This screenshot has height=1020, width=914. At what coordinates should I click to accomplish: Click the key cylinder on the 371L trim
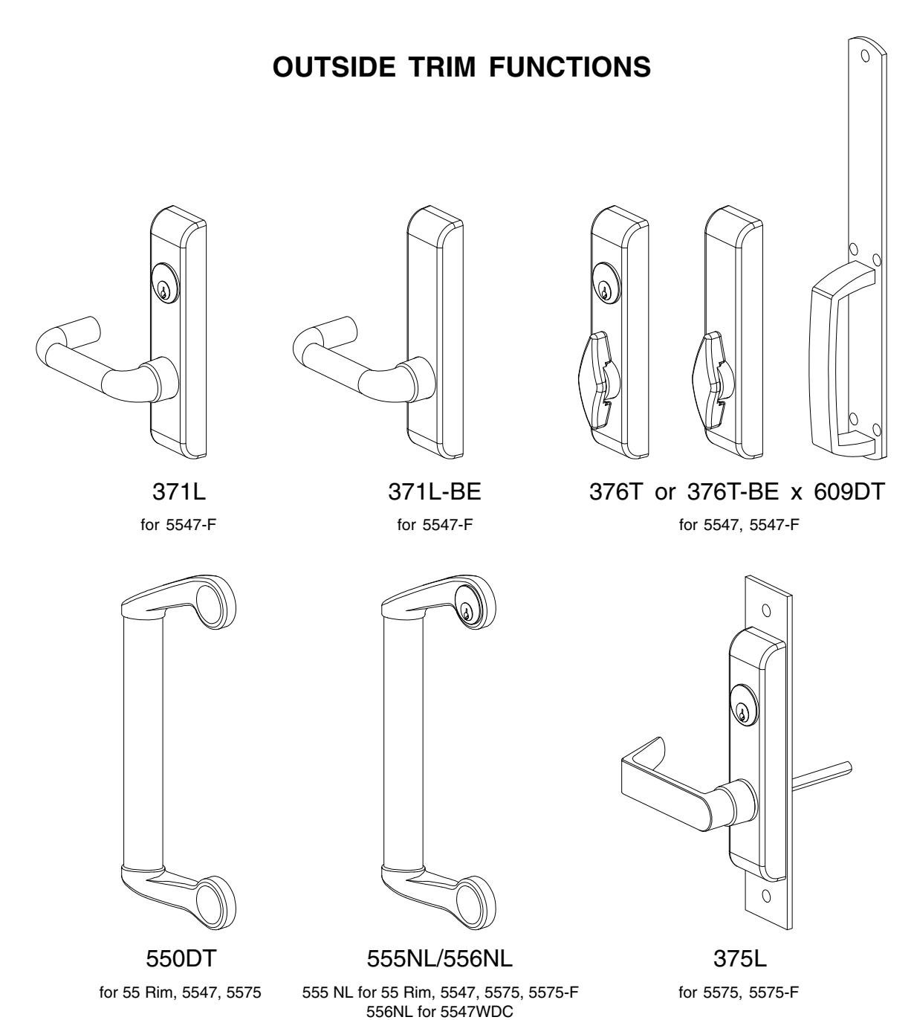click(164, 290)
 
